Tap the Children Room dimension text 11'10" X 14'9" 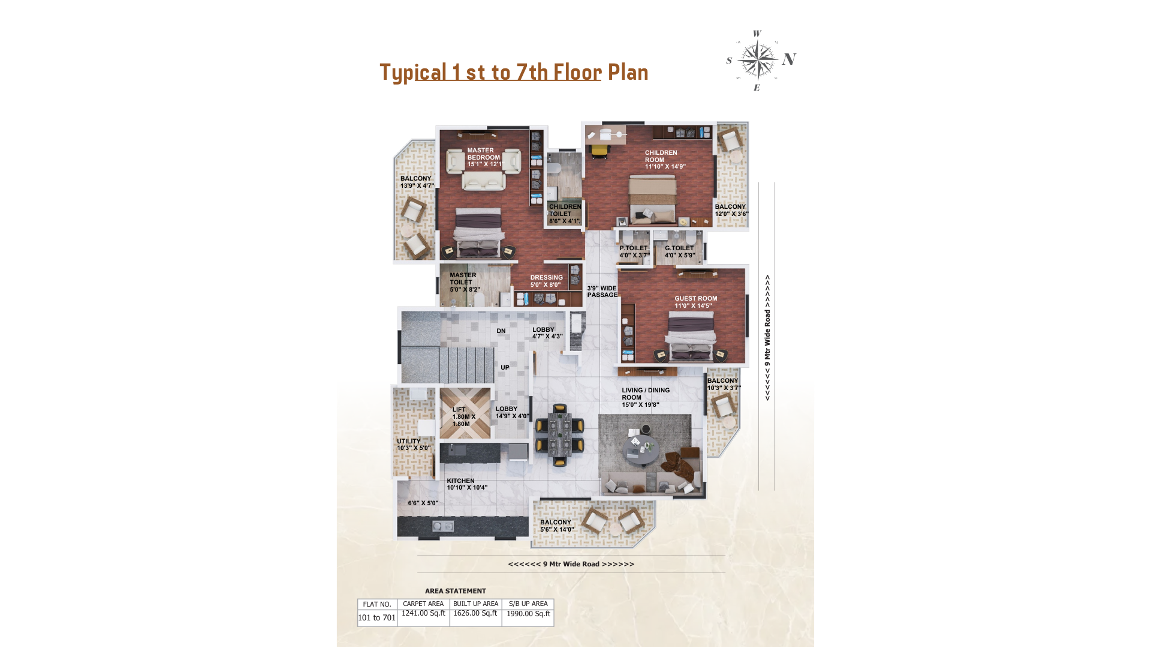click(665, 167)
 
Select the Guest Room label click(695, 298)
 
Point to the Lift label click(459, 410)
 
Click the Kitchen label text click(460, 481)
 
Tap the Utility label click(409, 441)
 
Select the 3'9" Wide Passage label click(602, 292)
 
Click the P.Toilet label click(634, 248)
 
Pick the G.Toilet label click(679, 248)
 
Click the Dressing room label click(546, 278)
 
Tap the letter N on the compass click(789, 59)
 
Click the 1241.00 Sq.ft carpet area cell click(423, 613)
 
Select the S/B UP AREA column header click(528, 604)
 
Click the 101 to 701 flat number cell click(377, 618)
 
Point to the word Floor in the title click(577, 72)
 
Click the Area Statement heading click(455, 591)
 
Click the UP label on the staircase click(505, 367)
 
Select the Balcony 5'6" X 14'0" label click(556, 526)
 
